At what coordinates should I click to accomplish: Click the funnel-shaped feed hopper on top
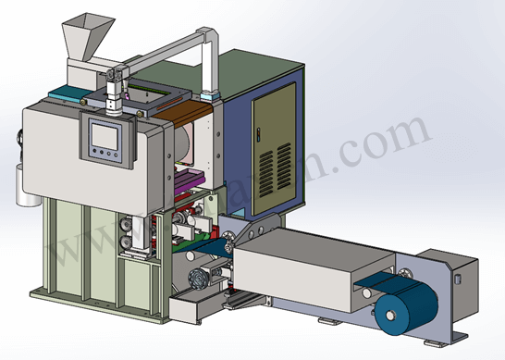click(x=80, y=38)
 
